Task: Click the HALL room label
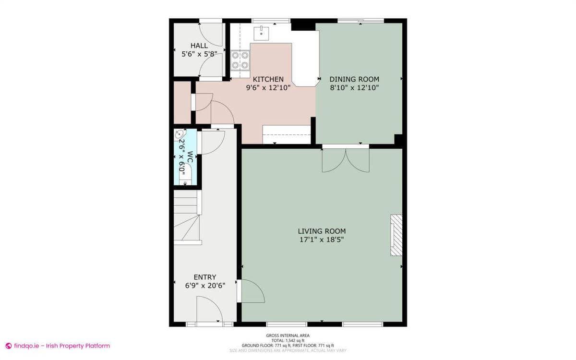pos(199,46)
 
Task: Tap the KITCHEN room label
pos(268,79)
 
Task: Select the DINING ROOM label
pos(354,79)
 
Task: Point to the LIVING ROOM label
pos(321,231)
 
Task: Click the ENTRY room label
pos(204,277)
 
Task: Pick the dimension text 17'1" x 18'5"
pos(321,239)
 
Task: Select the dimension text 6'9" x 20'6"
pos(204,285)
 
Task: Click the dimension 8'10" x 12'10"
pos(354,87)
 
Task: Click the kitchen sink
pos(261,33)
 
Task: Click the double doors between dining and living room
pos(346,159)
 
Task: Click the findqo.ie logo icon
pos(8,346)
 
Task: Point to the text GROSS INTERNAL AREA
pos(288,336)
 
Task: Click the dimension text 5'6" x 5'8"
pos(199,54)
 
